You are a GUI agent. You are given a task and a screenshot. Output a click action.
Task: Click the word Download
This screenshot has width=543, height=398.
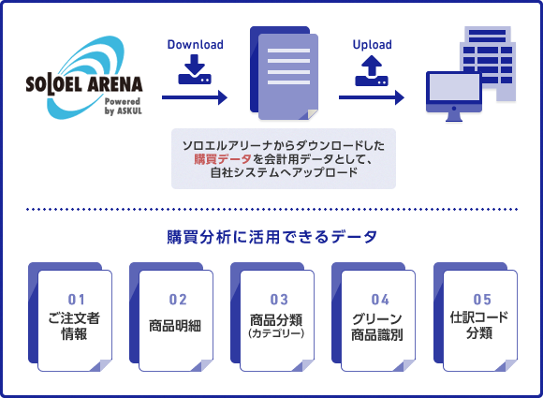196,44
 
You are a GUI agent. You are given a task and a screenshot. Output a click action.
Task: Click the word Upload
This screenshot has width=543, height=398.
373,44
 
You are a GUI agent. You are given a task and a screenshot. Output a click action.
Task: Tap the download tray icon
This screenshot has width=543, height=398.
195,69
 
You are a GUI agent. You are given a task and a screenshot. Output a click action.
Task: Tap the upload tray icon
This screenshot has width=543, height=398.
372,71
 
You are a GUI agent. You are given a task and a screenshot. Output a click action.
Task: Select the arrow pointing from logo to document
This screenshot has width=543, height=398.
195,97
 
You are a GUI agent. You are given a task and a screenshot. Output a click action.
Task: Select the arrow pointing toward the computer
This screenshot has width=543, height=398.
372,97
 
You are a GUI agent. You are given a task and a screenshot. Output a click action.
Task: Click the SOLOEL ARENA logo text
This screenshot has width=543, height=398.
84,85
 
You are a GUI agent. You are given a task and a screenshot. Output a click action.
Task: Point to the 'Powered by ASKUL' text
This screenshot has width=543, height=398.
124,106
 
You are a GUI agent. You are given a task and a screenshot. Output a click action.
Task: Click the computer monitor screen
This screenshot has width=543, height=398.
454,87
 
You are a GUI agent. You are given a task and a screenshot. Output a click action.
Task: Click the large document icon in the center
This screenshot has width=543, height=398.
285,73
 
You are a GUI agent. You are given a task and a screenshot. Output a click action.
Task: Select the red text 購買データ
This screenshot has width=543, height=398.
223,159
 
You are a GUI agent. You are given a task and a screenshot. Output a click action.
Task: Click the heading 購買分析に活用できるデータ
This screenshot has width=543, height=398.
271,237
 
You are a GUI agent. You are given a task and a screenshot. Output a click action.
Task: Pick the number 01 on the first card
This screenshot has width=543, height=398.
76,300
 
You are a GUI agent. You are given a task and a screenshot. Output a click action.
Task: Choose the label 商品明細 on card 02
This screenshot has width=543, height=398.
175,326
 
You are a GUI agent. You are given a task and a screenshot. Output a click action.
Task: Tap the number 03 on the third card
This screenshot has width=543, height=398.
279,300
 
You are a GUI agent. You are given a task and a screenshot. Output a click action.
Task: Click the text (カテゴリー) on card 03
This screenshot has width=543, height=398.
276,333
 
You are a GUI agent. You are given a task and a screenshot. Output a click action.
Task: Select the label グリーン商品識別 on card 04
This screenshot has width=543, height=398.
377,327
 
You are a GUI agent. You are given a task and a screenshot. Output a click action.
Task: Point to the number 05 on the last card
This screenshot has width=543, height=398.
482,300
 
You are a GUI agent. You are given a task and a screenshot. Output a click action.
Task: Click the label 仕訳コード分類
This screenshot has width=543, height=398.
479,325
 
